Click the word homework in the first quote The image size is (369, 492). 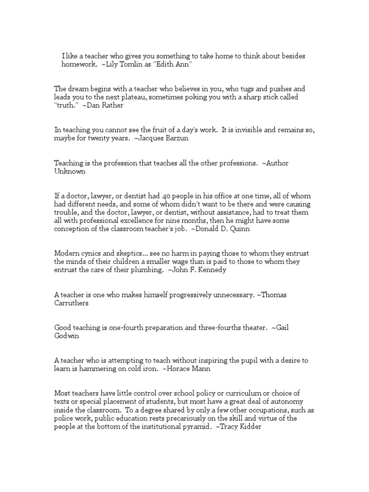pos(78,64)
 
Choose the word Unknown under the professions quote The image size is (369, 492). pos(70,172)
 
